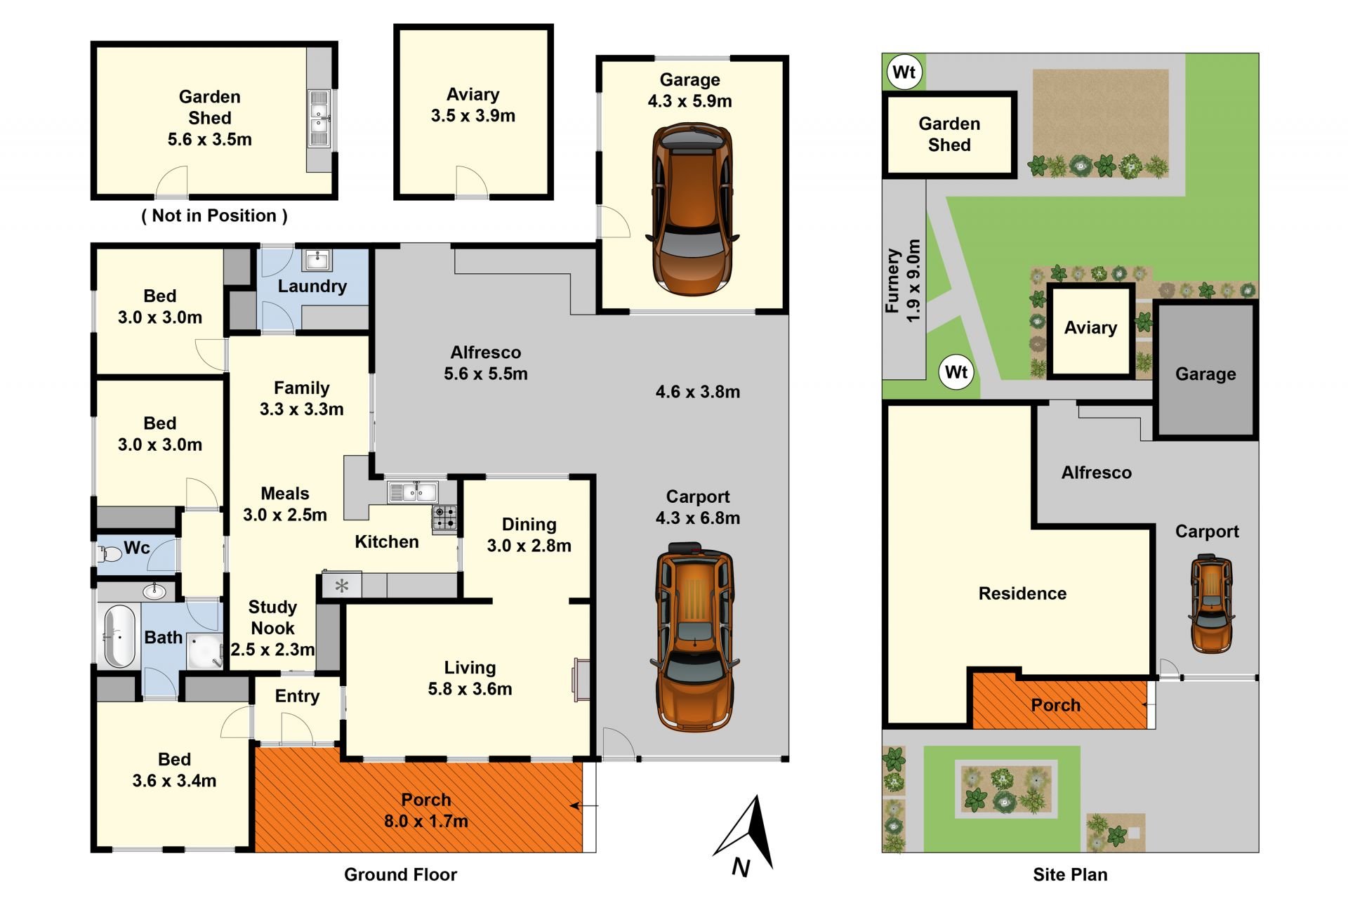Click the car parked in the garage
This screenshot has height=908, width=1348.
(x=692, y=209)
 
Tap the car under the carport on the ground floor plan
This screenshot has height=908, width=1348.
(x=694, y=636)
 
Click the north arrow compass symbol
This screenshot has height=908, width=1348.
(x=747, y=835)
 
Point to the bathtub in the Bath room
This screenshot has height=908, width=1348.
(x=119, y=636)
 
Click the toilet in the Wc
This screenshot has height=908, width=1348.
(x=109, y=554)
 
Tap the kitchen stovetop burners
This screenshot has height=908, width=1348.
(x=444, y=518)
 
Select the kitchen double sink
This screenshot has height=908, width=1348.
(x=413, y=492)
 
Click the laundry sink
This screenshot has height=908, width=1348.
(x=317, y=260)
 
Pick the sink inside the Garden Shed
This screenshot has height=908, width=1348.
(x=319, y=118)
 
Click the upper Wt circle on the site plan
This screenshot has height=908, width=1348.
(x=904, y=72)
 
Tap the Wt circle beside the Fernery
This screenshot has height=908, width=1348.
(x=956, y=372)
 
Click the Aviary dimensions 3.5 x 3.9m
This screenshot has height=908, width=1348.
(x=473, y=116)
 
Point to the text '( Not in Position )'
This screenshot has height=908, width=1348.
(x=214, y=216)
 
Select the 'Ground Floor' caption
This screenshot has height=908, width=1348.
(x=400, y=874)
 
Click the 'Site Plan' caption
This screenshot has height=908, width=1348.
(x=1070, y=874)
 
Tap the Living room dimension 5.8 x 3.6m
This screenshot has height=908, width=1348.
(x=470, y=689)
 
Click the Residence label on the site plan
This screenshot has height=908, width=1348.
(x=1022, y=593)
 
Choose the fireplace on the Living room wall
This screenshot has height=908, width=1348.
(x=581, y=680)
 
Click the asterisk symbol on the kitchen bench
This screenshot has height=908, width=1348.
(x=342, y=586)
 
